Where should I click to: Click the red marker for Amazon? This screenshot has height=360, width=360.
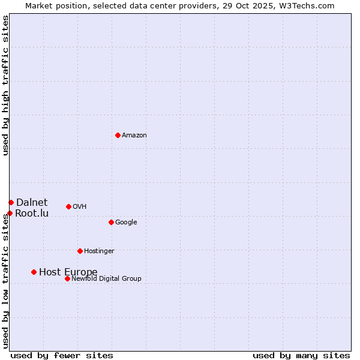[118, 135]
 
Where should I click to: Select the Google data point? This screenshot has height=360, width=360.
[111, 222]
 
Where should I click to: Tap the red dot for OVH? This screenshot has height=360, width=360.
[68, 206]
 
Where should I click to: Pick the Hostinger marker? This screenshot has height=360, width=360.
[80, 251]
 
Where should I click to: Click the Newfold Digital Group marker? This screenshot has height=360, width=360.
[67, 278]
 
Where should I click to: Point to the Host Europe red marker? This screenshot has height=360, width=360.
[34, 272]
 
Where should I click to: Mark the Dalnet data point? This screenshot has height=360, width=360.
[11, 202]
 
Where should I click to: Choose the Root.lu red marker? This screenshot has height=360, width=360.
[10, 213]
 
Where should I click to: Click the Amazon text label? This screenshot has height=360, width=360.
[134, 136]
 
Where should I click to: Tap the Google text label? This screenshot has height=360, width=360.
[126, 223]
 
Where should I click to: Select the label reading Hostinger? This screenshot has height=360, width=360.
[99, 251]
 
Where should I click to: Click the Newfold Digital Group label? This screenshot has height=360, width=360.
[106, 279]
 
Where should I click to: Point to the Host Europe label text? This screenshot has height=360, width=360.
[68, 272]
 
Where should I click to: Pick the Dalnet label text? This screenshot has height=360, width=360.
[32, 203]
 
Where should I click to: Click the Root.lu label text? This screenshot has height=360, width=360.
[32, 214]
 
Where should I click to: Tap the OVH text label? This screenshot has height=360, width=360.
[80, 207]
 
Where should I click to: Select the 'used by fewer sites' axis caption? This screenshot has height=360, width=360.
[62, 355]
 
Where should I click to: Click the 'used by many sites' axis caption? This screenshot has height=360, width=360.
[301, 355]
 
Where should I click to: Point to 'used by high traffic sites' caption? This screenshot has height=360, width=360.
[5, 85]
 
